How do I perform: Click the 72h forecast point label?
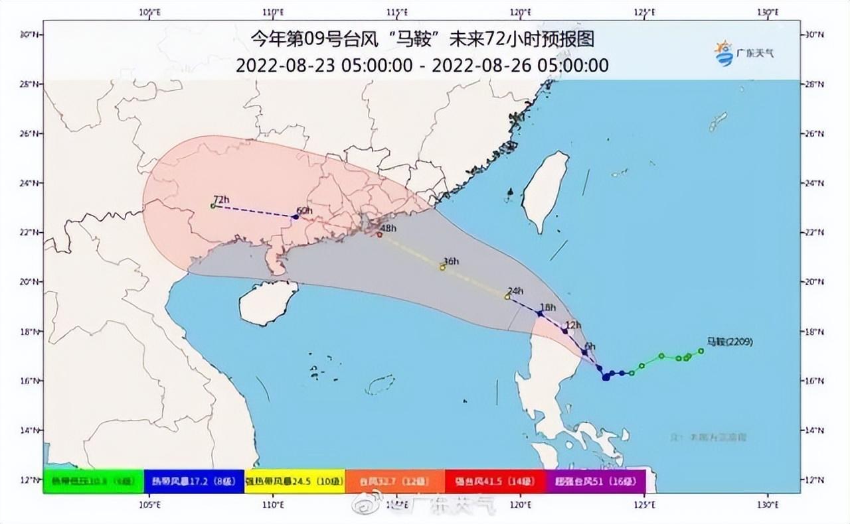(x=221, y=199)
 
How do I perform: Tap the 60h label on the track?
(x=304, y=211)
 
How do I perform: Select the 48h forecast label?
(x=388, y=229)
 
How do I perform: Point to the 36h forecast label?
(x=451, y=262)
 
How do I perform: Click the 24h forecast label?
(x=515, y=291)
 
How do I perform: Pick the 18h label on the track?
(x=548, y=307)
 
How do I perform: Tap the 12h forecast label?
(x=573, y=325)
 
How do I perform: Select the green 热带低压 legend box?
(x=94, y=481)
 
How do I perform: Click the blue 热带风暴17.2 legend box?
(x=194, y=481)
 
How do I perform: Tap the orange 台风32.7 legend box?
(x=395, y=481)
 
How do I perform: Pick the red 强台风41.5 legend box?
(x=495, y=481)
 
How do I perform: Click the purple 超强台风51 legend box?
(x=595, y=481)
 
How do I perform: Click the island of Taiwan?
(x=545, y=189)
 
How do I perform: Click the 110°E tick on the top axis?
(x=273, y=13)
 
